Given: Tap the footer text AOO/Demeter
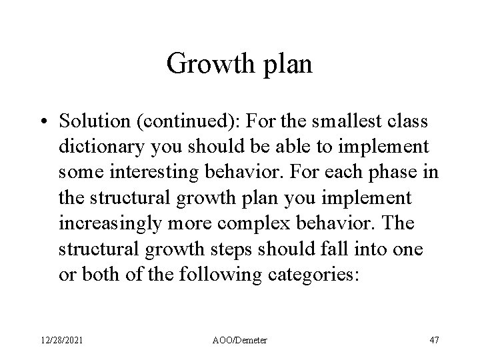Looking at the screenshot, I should pyautogui.click(x=239, y=340).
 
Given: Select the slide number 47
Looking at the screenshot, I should pyautogui.click(x=433, y=340).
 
